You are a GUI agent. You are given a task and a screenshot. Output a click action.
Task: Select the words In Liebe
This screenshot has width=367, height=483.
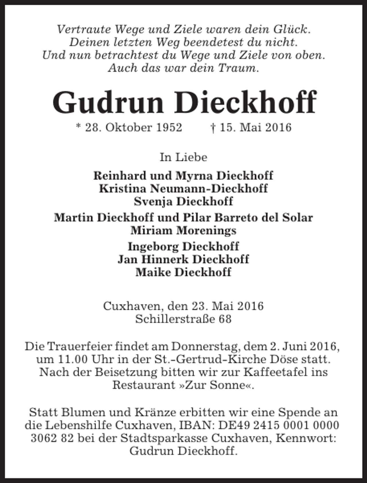[183, 157]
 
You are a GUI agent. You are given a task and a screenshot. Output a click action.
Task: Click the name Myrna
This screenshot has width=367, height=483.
[195, 176]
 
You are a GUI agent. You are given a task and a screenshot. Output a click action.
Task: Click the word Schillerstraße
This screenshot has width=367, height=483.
[175, 319]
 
